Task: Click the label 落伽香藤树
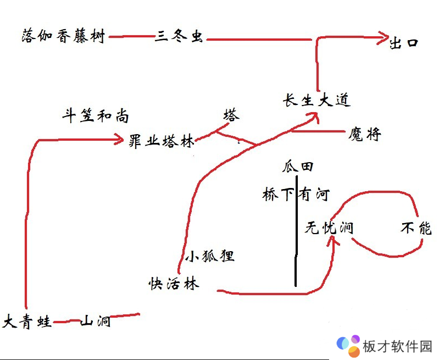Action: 63,37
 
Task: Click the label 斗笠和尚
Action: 96,116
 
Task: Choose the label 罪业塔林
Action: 162,140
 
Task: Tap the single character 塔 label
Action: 231,115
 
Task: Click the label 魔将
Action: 364,134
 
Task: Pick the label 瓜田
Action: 298,166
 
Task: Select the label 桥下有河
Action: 296,195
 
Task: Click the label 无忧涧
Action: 329,228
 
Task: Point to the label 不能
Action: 416,228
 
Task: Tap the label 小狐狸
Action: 209,256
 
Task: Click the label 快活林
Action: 174,284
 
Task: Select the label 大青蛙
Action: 27,322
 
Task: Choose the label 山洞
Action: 96,321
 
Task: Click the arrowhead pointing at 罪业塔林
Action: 118,140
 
